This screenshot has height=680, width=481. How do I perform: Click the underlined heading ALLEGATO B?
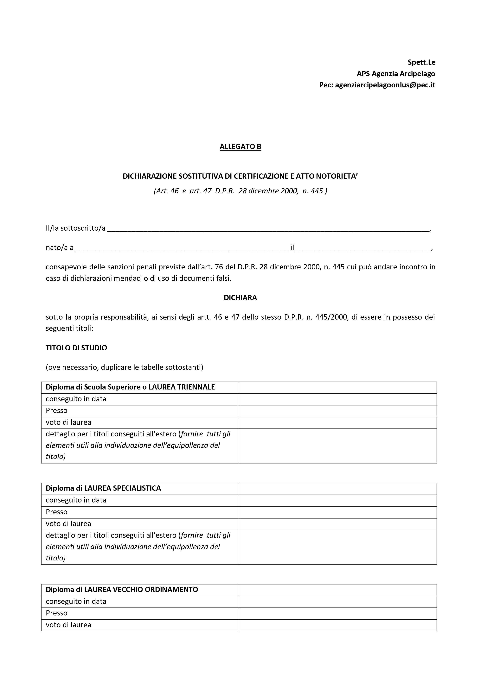tap(240, 147)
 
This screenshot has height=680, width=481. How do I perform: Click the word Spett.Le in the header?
tap(421, 62)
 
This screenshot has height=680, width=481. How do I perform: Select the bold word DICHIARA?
tap(240, 298)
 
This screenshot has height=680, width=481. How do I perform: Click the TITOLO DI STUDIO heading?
tap(76, 348)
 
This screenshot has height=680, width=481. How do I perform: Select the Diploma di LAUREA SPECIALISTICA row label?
tap(103, 488)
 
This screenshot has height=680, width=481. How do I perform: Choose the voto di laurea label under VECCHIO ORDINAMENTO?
tap(68, 625)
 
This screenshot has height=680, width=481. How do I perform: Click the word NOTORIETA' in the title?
tap(337, 176)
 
